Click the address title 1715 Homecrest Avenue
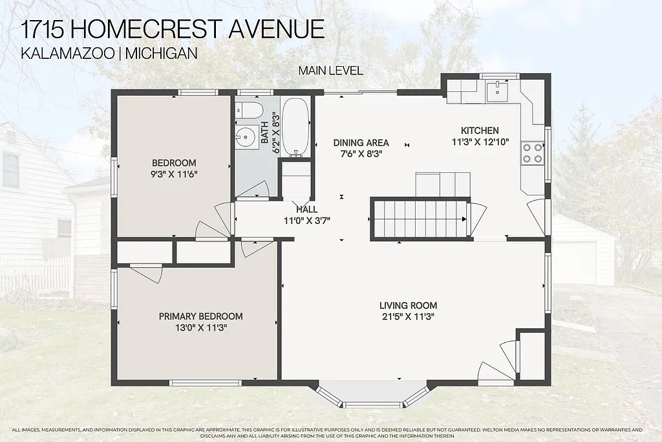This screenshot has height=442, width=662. pyautogui.click(x=173, y=29)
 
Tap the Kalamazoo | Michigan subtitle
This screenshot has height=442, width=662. pyautogui.click(x=109, y=54)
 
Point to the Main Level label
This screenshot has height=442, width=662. pyautogui.click(x=330, y=71)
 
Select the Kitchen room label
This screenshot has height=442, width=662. pyautogui.click(x=479, y=131)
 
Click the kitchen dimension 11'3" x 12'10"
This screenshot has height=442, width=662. pyautogui.click(x=485, y=142)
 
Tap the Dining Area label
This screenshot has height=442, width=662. pyautogui.click(x=361, y=143)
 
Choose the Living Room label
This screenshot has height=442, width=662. pyautogui.click(x=408, y=305)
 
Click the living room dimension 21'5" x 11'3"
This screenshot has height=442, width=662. pyautogui.click(x=408, y=317)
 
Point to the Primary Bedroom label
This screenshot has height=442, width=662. pyautogui.click(x=200, y=316)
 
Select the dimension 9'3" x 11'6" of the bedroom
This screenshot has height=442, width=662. pyautogui.click(x=173, y=174)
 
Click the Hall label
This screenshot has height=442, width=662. pyautogui.click(x=306, y=210)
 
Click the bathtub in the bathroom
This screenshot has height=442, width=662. pyautogui.click(x=297, y=127)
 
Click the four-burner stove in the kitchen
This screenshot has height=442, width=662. pyautogui.click(x=533, y=153)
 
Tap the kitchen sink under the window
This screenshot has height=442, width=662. pyautogui.click(x=498, y=90)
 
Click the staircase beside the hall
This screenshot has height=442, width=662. pyautogui.click(x=418, y=219)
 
